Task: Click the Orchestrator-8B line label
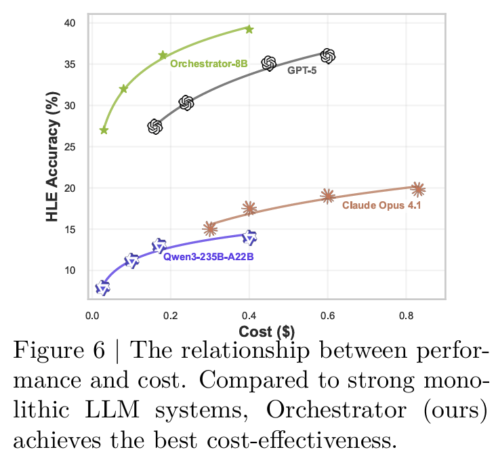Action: click(x=208, y=64)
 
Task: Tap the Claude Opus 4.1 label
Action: click(x=381, y=205)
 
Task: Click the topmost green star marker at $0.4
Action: click(x=249, y=29)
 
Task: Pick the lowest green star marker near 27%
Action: click(x=104, y=130)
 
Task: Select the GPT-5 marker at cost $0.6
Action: click(x=328, y=56)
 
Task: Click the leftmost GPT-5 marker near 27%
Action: click(x=155, y=127)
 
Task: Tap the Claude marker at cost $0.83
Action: click(x=418, y=189)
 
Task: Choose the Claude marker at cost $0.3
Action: click(x=210, y=228)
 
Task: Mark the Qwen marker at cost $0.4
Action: click(x=249, y=237)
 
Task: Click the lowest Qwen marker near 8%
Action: click(x=102, y=288)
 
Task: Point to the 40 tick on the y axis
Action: click(x=70, y=24)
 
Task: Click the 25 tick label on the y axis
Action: click(x=70, y=147)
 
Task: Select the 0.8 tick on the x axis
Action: click(x=406, y=315)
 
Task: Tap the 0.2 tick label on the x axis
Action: click(x=170, y=315)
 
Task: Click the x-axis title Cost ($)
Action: click(x=266, y=331)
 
